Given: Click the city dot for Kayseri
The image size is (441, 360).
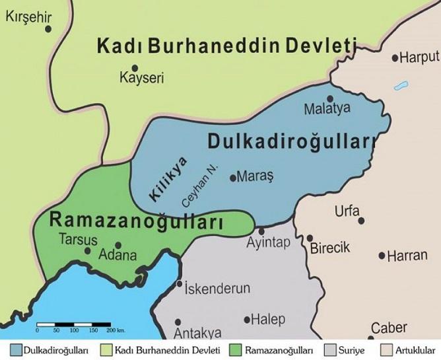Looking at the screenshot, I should [135, 68].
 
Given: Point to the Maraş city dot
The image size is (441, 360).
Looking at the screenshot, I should [232, 177].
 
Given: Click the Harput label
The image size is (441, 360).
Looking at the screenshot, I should [419, 57].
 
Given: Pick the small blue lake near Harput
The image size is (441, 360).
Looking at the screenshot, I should [400, 86].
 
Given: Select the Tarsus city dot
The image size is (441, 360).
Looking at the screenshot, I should [88, 250].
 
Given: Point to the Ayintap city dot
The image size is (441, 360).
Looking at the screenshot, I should [261, 231].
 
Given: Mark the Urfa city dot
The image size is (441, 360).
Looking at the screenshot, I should [361, 221].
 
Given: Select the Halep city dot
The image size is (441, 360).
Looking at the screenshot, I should [248, 320].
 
